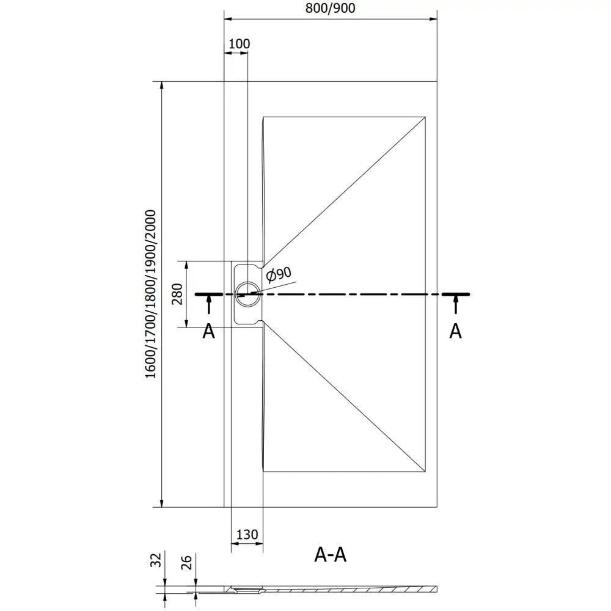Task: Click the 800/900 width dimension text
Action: [x=331, y=8]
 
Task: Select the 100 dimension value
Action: [x=239, y=43]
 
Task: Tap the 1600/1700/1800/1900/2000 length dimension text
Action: [x=151, y=294]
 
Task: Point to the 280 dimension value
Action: [x=176, y=294]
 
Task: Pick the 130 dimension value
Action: [x=247, y=535]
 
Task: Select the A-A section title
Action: [x=331, y=554]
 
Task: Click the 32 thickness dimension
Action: [x=156, y=559]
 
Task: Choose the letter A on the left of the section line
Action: [x=209, y=331]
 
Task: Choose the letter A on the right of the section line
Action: [x=455, y=331]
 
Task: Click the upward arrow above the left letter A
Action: [x=209, y=303]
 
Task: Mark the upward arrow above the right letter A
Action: [x=455, y=303]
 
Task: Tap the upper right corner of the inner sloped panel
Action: [x=425, y=117]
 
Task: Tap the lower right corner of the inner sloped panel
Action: [x=425, y=471]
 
